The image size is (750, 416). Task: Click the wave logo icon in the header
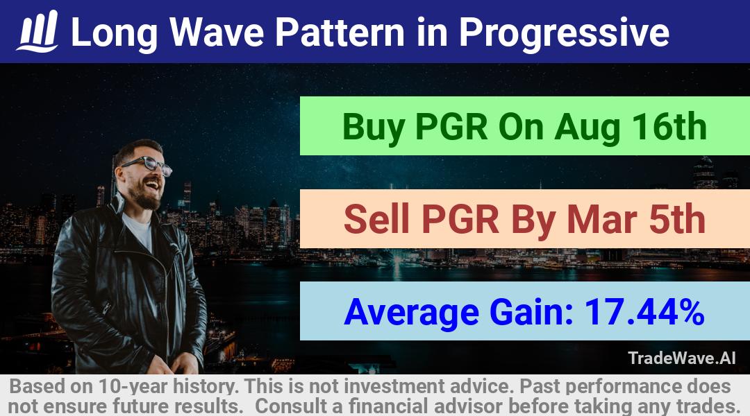coord(37,31)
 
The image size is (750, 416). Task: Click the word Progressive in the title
coord(564,33)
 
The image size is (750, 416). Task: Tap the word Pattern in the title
coord(340,33)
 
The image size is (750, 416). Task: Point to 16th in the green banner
coord(669,127)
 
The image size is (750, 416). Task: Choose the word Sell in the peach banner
coord(377,219)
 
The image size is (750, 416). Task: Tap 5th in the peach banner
coord(677,219)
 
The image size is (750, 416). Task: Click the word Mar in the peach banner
coord(601,220)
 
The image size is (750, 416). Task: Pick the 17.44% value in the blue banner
coord(644,312)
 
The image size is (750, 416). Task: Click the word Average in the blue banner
coord(411,313)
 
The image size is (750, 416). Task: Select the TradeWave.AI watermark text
coord(682,358)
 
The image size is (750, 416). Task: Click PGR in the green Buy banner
coord(451,127)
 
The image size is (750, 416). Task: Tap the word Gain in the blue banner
coord(532,313)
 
